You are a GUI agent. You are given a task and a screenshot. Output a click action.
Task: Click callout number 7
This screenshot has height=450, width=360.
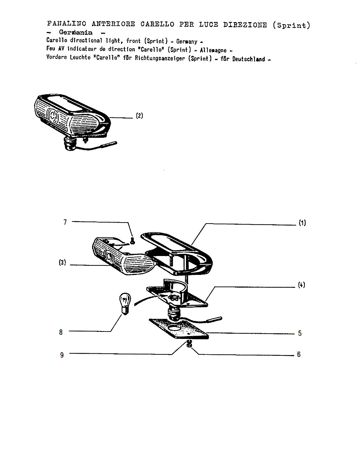[65, 222]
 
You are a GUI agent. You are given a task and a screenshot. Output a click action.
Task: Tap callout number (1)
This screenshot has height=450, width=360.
[302, 223]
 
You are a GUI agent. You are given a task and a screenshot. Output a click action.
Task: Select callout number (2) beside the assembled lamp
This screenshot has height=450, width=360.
[140, 116]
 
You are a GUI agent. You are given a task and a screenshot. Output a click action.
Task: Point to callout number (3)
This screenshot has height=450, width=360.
[62, 262]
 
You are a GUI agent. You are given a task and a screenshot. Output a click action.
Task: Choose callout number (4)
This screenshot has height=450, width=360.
[301, 285]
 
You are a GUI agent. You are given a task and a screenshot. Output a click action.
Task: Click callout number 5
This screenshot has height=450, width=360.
[300, 333]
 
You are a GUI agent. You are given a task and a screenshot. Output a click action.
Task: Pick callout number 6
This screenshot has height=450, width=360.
[299, 354]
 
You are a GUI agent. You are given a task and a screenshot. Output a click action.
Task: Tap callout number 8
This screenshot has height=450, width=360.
[61, 332]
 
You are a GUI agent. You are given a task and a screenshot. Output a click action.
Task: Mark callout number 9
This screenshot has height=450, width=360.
[62, 355]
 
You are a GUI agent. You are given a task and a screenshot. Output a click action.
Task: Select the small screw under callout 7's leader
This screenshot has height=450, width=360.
[133, 240]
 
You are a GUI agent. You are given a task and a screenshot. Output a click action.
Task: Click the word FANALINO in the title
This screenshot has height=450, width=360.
[66, 24]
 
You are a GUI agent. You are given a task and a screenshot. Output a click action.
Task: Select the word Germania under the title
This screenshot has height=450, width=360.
[76, 32]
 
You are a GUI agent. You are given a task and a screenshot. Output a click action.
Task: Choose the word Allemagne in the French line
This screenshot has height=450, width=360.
[213, 50]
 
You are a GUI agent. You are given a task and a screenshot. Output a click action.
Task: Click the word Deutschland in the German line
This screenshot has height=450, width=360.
[249, 59]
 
